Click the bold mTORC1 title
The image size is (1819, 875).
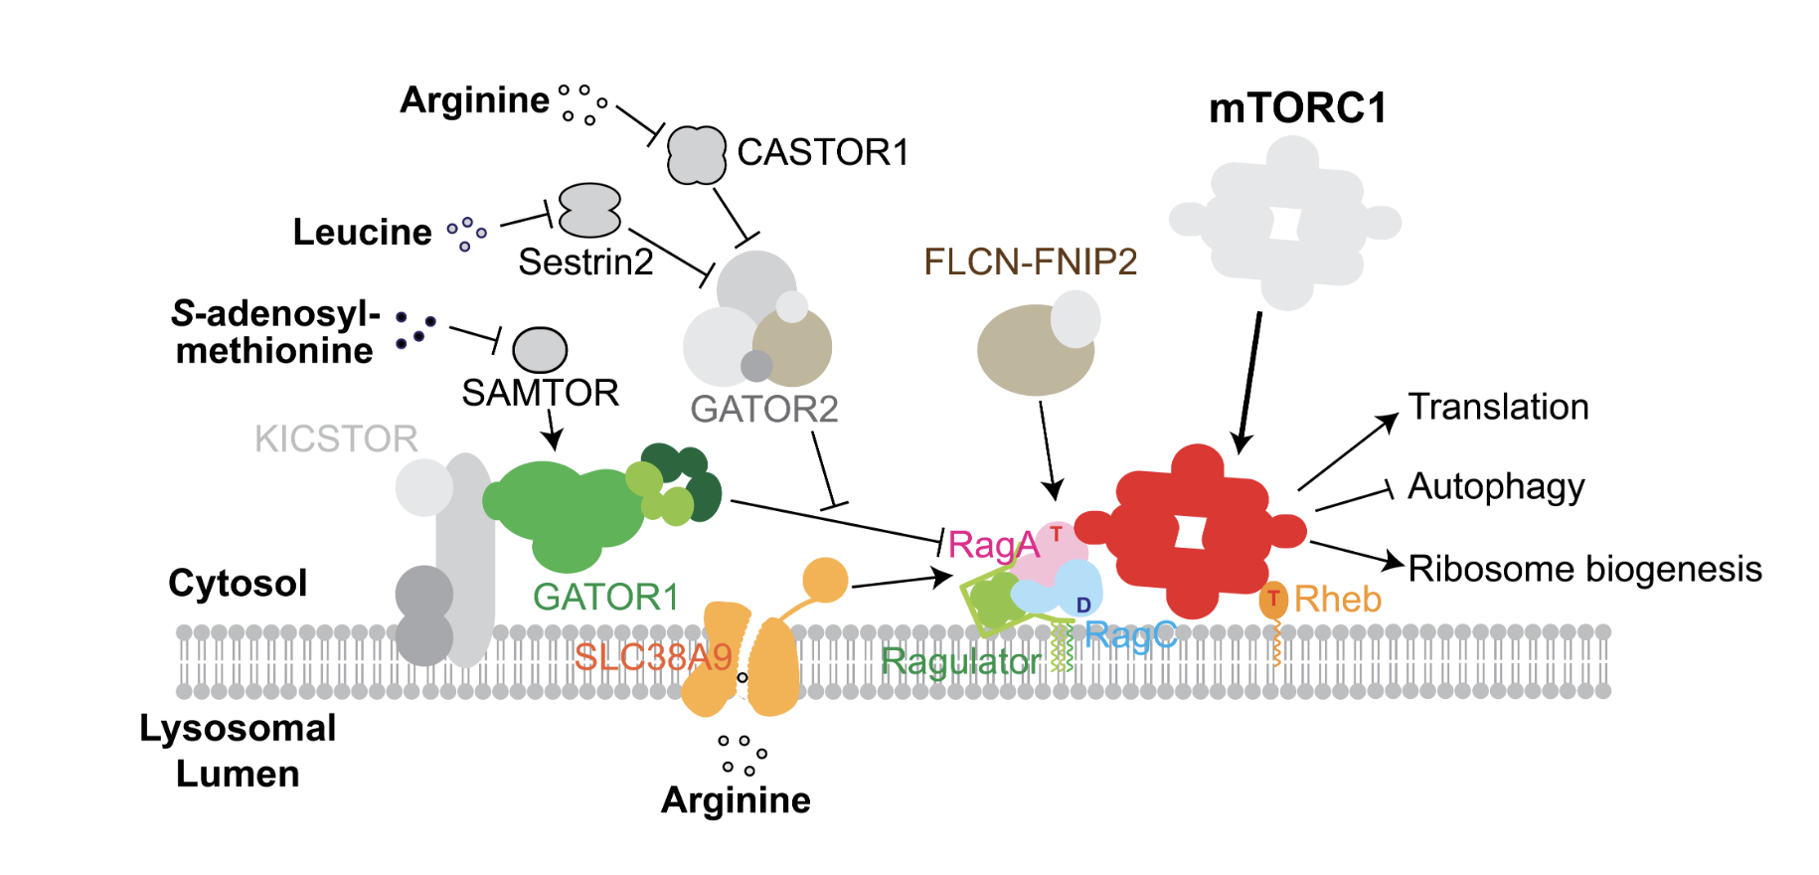point(1297,108)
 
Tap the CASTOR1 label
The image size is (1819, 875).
point(822,152)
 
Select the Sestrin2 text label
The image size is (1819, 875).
point(585,262)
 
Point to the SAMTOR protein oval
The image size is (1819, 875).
point(540,350)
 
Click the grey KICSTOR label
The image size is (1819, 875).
point(336,438)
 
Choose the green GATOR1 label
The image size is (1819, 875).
point(605,597)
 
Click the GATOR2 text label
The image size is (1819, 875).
point(763,409)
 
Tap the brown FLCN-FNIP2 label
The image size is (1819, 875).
point(1030,262)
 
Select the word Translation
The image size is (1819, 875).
point(1498,407)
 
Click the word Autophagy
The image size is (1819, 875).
point(1496,487)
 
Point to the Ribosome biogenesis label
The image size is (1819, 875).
point(1584,569)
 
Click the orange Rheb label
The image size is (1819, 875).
point(1337,600)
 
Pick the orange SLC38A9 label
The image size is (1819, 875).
point(653,657)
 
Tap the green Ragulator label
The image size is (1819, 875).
point(960,661)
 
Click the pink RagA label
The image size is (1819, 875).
point(993,545)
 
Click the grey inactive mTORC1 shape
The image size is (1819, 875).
point(1284,222)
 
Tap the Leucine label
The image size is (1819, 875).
point(362,232)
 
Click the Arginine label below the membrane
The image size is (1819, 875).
point(736,800)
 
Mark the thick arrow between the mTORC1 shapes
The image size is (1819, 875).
point(1249,382)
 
